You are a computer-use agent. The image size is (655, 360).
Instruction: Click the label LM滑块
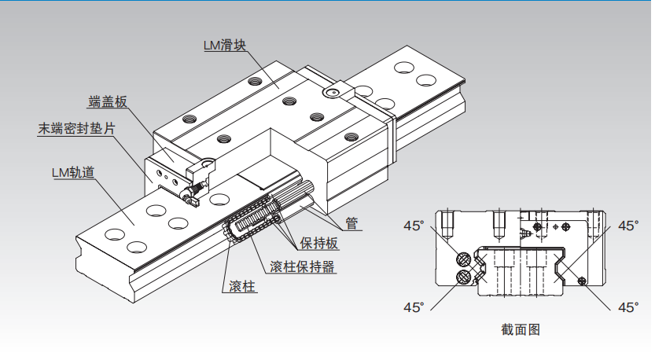pyautogui.click(x=225, y=45)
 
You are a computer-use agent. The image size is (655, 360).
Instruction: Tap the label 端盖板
pyautogui.click(x=108, y=101)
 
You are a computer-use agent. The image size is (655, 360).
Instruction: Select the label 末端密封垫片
pyautogui.click(x=76, y=129)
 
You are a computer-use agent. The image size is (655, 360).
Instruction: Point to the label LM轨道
pyautogui.click(x=73, y=172)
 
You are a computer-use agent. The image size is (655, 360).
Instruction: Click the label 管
pyautogui.click(x=351, y=223)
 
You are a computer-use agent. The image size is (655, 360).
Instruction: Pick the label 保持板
pyautogui.click(x=319, y=243)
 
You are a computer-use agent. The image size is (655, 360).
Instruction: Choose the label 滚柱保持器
pyautogui.click(x=302, y=266)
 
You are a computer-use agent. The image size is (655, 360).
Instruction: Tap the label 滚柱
pyautogui.click(x=242, y=286)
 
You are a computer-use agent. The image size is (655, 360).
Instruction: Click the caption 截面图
pyautogui.click(x=521, y=329)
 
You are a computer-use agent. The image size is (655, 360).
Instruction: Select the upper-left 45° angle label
pyautogui.click(x=414, y=226)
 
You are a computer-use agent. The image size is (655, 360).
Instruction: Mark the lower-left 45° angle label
pyautogui.click(x=414, y=307)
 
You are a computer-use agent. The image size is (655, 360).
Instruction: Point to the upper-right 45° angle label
pyautogui.click(x=628, y=226)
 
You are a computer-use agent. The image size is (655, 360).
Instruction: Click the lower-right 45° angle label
pyautogui.click(x=628, y=307)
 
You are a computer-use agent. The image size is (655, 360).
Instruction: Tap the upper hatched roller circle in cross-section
pyautogui.click(x=463, y=259)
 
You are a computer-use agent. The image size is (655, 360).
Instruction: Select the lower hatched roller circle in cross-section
pyautogui.click(x=463, y=276)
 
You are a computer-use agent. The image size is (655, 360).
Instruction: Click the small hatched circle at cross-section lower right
pyautogui.click(x=581, y=281)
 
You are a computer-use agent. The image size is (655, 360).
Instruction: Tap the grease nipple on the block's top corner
pyautogui.click(x=333, y=91)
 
